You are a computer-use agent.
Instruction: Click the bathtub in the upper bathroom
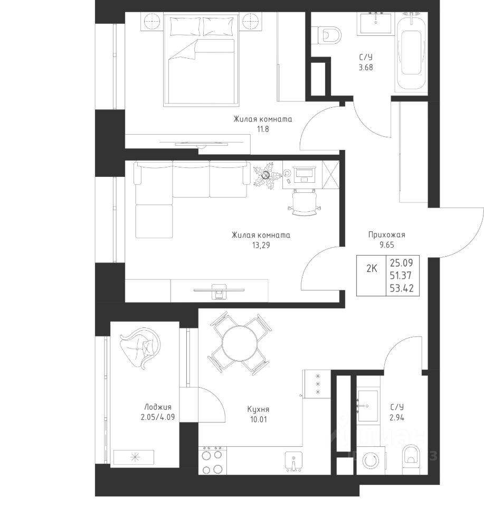coord(411,52)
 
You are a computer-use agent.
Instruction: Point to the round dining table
coord(240,343)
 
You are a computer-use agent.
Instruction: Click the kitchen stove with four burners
coord(212,460)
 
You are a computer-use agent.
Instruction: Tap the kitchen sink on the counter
coord(293,462)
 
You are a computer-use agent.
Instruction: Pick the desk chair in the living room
coord(304,203)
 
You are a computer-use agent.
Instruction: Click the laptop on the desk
coord(303,175)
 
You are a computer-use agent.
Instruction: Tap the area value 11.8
coord(263,129)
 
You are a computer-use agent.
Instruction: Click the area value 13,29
coord(261,245)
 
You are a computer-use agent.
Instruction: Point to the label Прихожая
coord(386,234)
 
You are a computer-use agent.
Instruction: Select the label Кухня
coord(258,409)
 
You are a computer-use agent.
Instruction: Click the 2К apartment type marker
coord(372,268)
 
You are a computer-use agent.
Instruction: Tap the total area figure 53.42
coord(402,288)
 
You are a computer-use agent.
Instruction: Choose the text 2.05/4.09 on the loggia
coord(158,417)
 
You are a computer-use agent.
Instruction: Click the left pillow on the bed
coord(185,26)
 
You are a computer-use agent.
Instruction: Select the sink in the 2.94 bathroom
coord(367,406)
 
